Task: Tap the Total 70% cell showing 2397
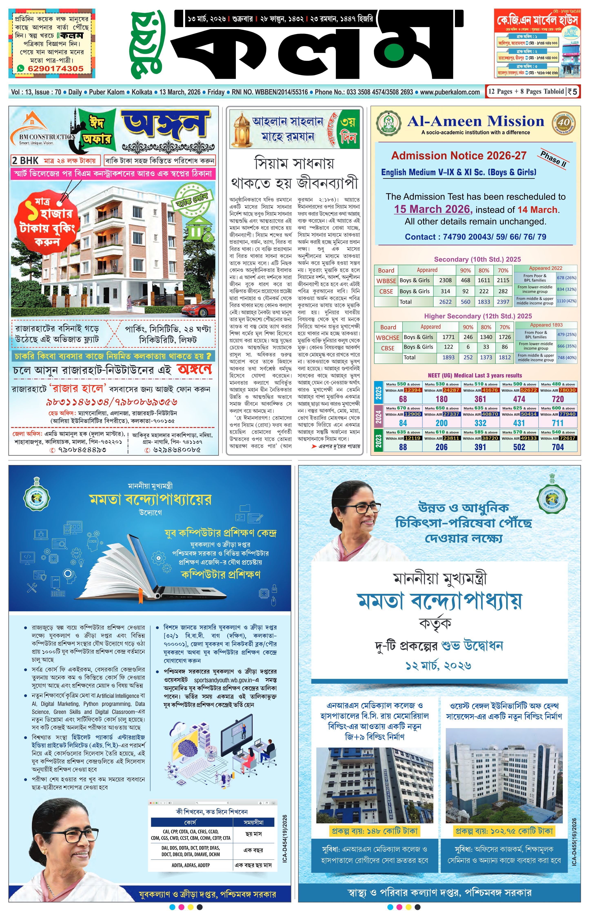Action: click(x=503, y=302)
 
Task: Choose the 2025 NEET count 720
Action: click(x=558, y=399)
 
